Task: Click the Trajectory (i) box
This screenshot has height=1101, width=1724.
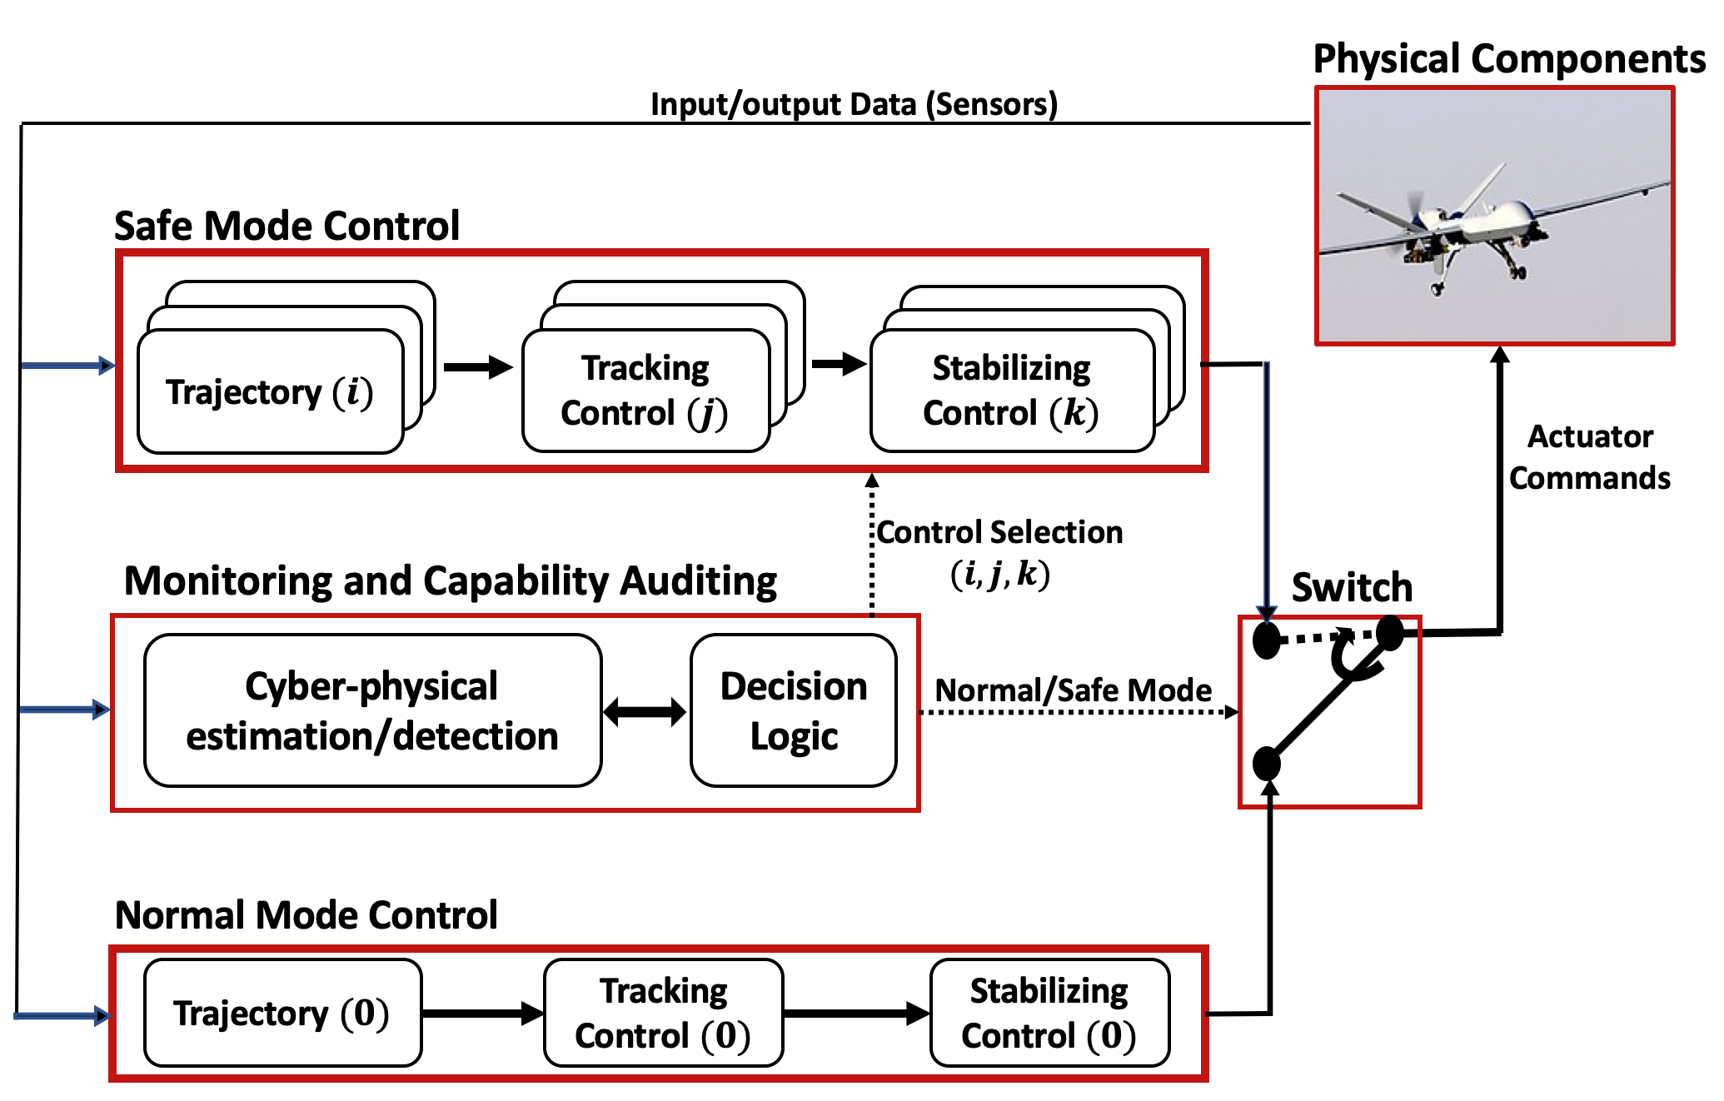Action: [270, 391]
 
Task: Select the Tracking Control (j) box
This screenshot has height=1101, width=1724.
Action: [645, 390]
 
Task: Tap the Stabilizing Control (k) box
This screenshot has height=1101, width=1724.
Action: [1011, 390]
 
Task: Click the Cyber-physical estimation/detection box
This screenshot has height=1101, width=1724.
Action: [372, 710]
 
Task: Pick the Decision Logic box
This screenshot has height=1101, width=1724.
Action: [793, 710]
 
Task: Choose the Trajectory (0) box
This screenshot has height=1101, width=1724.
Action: [282, 1014]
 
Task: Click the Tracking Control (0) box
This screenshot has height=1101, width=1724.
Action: [663, 1014]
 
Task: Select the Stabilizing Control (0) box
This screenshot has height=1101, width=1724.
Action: [1049, 1014]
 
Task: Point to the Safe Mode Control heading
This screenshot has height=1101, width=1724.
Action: [287, 226]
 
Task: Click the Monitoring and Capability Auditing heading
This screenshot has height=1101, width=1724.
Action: [450, 580]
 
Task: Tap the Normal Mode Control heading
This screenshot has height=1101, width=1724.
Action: [306, 914]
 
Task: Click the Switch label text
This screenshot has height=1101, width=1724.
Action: [1352, 587]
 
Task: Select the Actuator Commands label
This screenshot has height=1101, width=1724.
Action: [1589, 457]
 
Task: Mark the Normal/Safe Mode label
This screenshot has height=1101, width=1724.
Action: [1073, 690]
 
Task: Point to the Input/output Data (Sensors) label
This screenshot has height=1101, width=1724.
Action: [854, 104]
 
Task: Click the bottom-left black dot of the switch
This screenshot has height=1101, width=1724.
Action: [1267, 763]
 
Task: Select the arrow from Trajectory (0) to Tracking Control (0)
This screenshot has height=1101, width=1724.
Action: [482, 1014]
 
